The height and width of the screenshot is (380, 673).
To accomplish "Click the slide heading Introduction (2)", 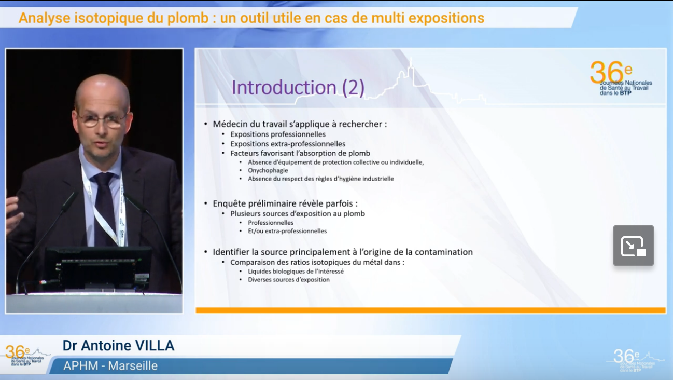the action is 298,87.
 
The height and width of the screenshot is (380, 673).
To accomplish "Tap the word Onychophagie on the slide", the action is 268,171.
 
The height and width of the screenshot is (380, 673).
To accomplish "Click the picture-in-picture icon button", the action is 634,246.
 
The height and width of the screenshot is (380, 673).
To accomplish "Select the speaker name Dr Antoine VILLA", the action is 118,346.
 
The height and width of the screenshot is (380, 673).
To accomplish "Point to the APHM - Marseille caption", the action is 110,366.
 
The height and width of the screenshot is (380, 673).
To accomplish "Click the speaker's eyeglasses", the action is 102,120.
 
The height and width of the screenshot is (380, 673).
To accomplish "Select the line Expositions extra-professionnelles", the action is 288,144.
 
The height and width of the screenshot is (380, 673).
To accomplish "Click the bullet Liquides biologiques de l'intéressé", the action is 296,272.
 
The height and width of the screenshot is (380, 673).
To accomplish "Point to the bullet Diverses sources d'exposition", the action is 288,280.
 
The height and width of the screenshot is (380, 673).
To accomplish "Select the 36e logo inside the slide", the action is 621,78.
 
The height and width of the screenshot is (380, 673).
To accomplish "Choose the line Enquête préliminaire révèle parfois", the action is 285,203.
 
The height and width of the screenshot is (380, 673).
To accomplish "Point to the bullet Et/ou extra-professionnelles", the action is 287,231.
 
